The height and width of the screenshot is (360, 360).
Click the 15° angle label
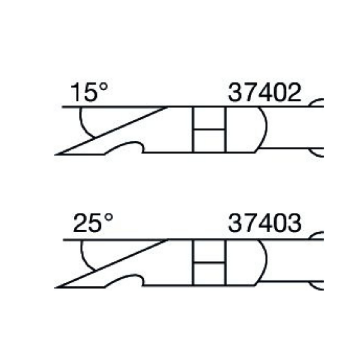[x=89, y=92]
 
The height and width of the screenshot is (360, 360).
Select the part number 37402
[x=265, y=93]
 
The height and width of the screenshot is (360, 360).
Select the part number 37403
[x=265, y=223]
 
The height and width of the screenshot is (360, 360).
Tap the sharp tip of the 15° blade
[x=55, y=155]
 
